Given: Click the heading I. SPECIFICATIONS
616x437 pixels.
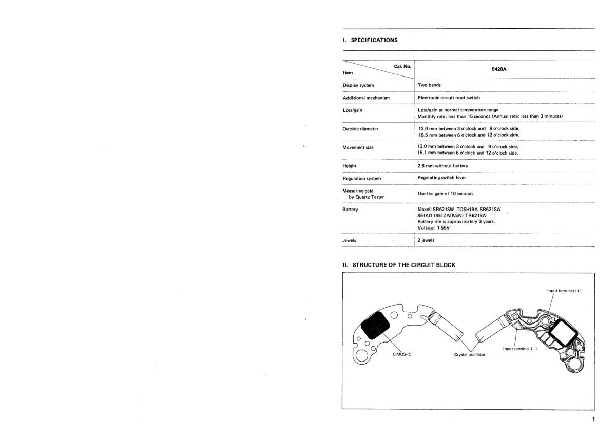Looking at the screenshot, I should tap(370, 40).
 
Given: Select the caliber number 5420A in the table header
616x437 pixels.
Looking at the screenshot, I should tap(504, 68).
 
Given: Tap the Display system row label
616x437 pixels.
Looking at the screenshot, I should tap(358, 85).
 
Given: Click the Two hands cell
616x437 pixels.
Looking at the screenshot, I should tap(430, 85).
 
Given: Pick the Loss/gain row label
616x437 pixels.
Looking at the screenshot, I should tap(353, 110).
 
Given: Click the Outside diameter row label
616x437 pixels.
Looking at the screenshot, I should tap(360, 129).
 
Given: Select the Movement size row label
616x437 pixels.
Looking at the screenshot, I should tap(358, 148).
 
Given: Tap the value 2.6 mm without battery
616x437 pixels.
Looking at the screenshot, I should tap(443, 166).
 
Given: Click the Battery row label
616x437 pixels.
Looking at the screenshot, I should tap(351, 210).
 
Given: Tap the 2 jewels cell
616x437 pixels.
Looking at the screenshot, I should tap(427, 240).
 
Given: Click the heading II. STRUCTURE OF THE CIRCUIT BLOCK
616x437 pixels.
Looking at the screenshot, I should tap(399, 265).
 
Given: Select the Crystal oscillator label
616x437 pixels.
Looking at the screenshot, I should tap(470, 355).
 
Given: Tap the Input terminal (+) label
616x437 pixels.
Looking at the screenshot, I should tap(564, 291).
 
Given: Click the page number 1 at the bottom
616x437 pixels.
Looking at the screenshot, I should tap(593, 420).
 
